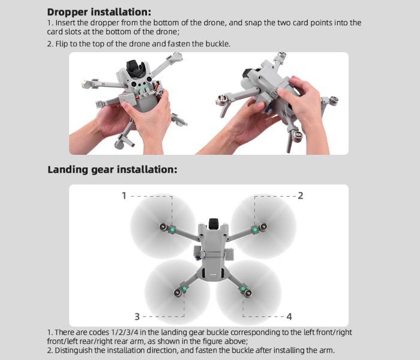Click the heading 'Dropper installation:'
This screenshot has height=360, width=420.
pos(99,13)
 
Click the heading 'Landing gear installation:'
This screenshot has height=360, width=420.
pos(112,170)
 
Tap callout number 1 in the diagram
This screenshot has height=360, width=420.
pos(124,196)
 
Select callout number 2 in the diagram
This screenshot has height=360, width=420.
pos(301,196)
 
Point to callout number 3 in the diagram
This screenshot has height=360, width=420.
pos(137,317)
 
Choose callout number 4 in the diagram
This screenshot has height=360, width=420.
pos(289,317)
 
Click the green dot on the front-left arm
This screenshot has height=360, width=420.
pos(173,230)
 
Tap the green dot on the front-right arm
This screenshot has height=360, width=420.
pos(255,230)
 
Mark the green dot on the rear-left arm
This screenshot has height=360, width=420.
pos(184,289)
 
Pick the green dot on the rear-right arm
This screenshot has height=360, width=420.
pos(242,289)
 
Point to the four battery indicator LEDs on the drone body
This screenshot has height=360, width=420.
pos(213,275)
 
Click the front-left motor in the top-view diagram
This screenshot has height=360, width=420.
pos(163,227)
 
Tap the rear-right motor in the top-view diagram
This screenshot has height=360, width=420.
pos(248,293)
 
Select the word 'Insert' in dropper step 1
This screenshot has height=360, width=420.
pos(65,23)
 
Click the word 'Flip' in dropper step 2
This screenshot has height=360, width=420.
pos(62,44)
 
